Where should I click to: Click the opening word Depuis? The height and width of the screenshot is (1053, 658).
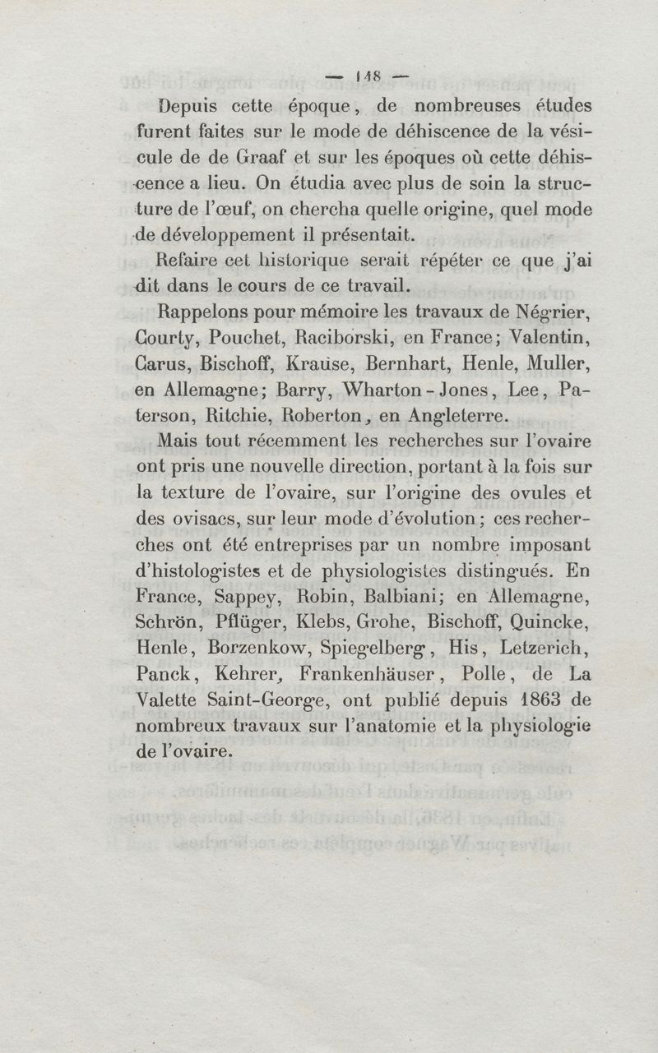tap(194, 106)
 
